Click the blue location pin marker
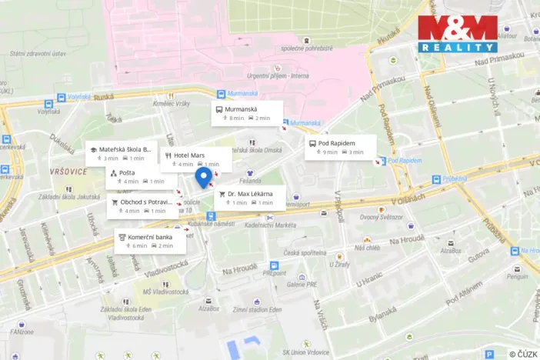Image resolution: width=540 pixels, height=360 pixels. click(x=203, y=178)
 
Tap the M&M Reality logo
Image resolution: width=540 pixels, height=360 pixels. click(x=458, y=34)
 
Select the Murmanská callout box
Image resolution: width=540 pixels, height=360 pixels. click(x=248, y=113)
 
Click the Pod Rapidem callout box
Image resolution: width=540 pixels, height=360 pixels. click(x=340, y=147)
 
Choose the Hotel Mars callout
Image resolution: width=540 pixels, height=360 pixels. click(x=195, y=159)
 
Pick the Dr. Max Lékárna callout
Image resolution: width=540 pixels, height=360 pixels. click(x=250, y=198)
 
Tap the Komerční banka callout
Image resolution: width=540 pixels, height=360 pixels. click(x=149, y=242)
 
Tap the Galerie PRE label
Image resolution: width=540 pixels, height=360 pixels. click(x=280, y=284)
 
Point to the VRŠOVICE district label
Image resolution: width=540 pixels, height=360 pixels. click(x=68, y=171)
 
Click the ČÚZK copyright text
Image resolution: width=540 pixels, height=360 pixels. click(x=523, y=353)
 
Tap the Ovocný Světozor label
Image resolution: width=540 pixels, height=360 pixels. click(x=381, y=217)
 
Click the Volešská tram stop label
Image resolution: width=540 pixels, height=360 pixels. click(x=79, y=97)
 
